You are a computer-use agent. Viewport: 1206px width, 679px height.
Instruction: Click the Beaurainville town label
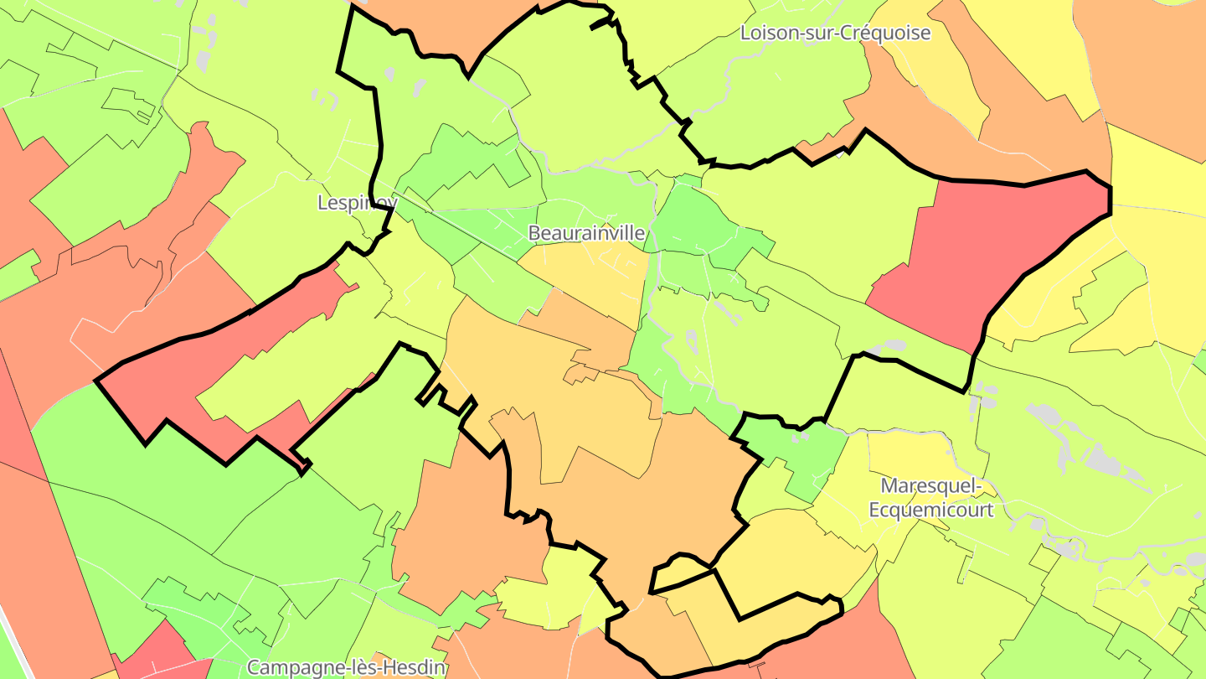click(586, 233)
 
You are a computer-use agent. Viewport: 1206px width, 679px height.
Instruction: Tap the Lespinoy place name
click(357, 203)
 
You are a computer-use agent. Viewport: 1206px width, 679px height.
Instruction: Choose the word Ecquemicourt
click(930, 510)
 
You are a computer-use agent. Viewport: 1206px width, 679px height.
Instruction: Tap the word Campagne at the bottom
click(287, 668)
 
